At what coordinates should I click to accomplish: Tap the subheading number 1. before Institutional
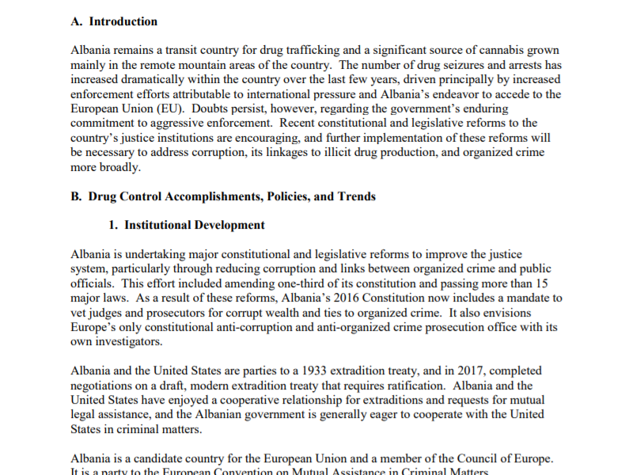click(114, 225)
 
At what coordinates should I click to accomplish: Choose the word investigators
click(127, 341)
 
